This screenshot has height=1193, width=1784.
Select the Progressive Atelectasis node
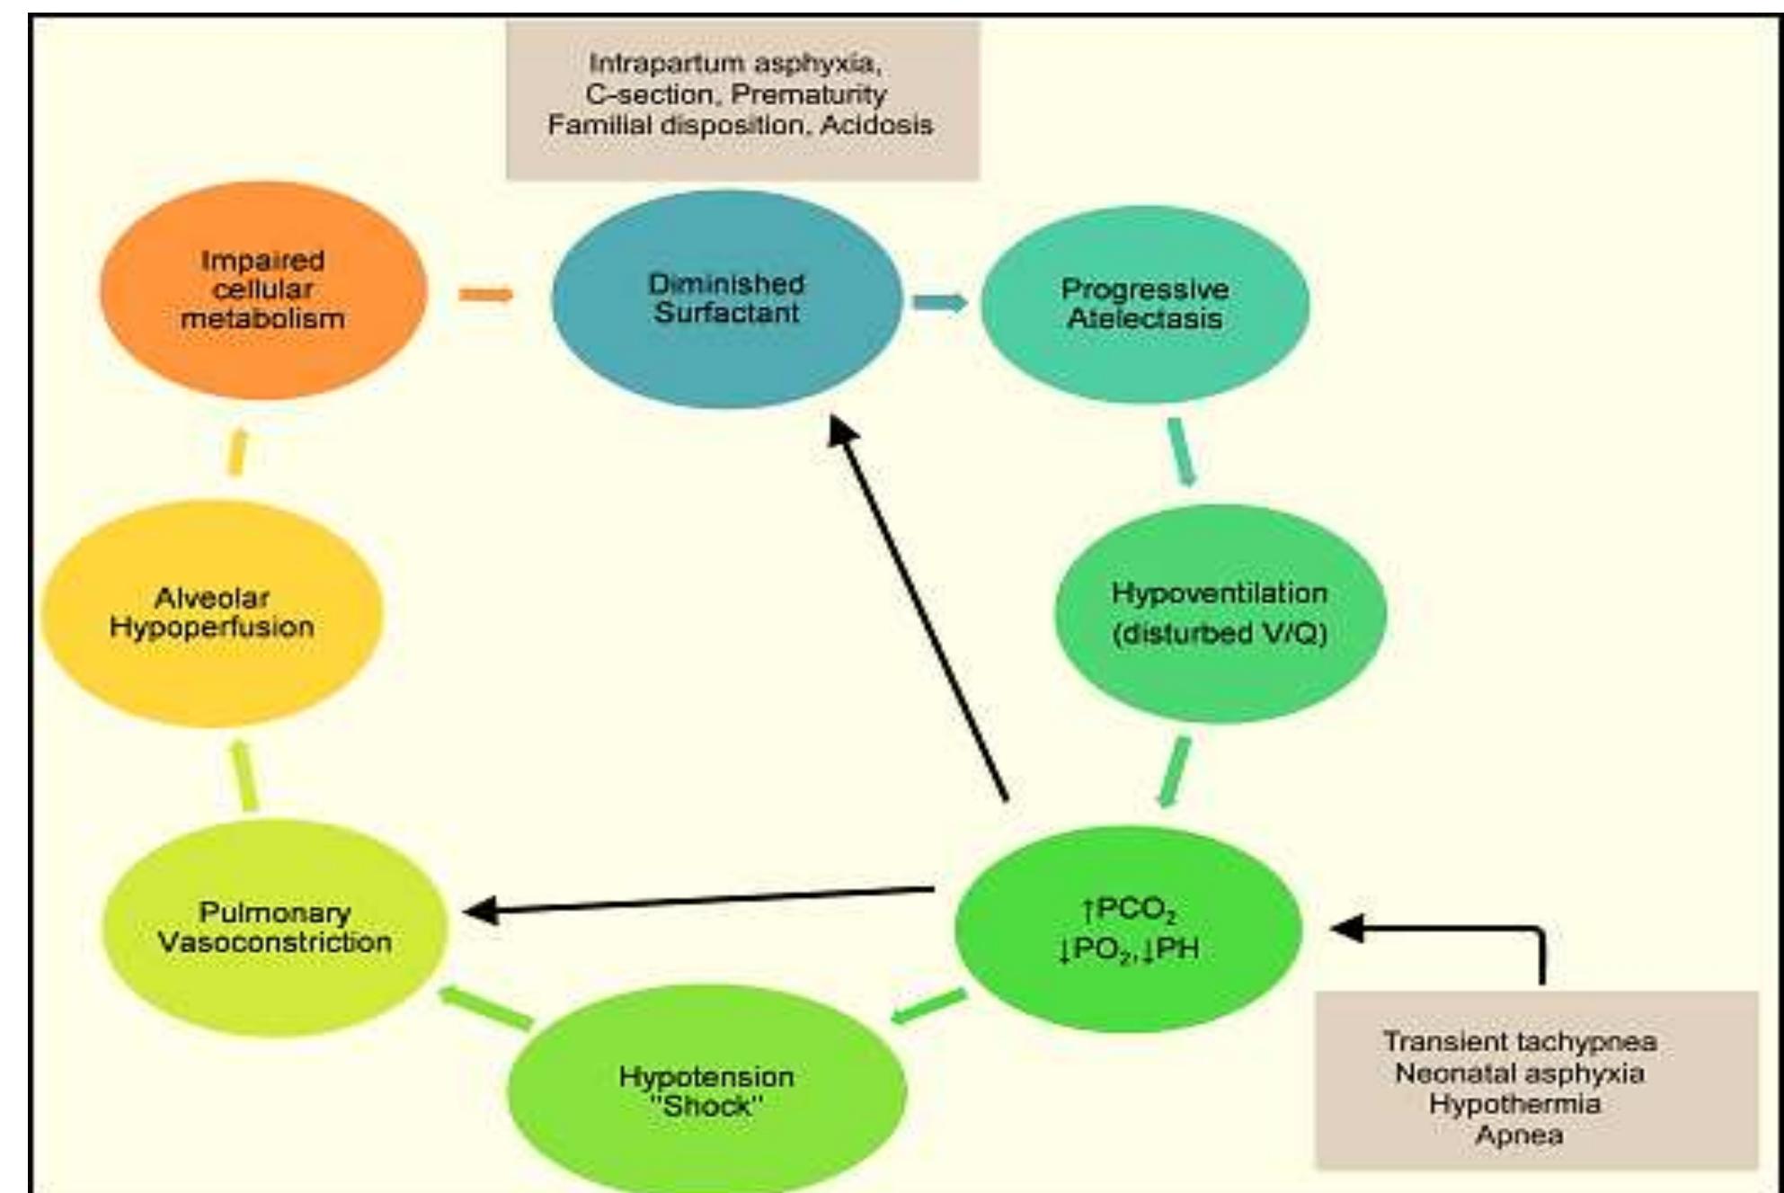click(1144, 304)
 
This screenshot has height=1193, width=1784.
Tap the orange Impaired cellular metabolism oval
click(262, 289)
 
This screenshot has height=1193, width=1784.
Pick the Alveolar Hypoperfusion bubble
click(212, 613)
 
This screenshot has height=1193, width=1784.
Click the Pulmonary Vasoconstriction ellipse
click(274, 928)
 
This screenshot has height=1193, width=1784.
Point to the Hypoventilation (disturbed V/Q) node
click(1220, 613)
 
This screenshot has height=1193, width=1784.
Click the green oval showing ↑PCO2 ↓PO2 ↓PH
click(1128, 930)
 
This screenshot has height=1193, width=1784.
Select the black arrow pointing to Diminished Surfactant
click(921, 611)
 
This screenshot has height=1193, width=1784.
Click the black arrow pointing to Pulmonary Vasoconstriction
click(701, 901)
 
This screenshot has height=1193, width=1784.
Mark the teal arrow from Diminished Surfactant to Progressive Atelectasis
click(940, 302)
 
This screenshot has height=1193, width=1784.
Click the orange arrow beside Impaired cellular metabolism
click(485, 294)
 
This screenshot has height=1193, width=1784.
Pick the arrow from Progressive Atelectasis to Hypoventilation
click(1183, 452)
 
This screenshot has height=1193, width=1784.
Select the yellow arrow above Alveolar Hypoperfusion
click(237, 452)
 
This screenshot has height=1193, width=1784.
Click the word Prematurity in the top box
click(809, 93)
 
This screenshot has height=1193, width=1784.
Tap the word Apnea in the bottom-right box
click(1519, 1135)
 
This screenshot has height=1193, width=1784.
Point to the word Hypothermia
click(1515, 1103)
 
